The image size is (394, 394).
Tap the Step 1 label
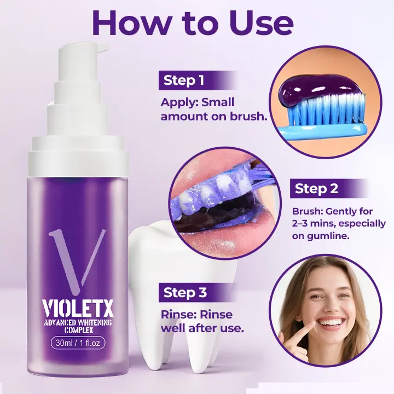184,81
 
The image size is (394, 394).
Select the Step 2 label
317,189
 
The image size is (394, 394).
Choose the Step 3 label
185,293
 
